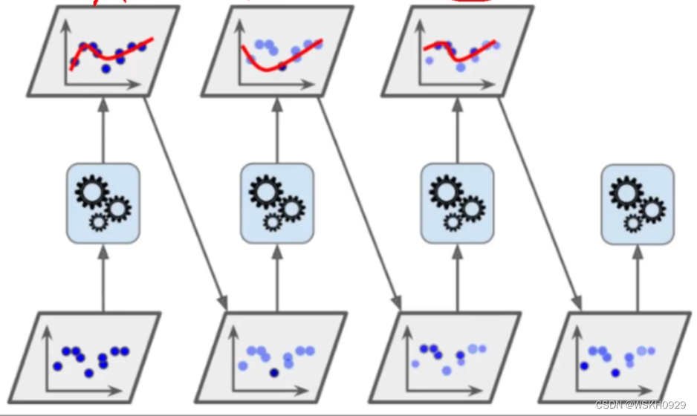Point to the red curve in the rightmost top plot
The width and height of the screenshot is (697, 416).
point(464,57)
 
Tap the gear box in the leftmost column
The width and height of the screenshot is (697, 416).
point(103,203)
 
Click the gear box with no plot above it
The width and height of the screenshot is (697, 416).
point(637,204)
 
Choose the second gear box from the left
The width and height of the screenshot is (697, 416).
point(276,203)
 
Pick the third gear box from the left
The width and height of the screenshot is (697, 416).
point(456,203)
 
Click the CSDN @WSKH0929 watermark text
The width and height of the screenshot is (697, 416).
point(640,405)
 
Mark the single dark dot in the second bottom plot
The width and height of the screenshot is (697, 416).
point(275,372)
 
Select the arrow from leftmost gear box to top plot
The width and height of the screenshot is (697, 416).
point(103,130)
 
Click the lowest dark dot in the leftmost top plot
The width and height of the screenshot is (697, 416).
point(106,68)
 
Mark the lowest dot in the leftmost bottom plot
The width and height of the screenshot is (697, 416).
point(89,373)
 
